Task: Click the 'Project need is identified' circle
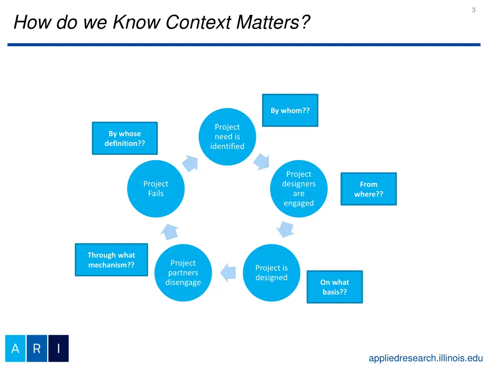227,137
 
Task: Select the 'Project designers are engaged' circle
299,189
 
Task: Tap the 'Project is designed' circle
271,273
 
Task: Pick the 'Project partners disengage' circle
183,273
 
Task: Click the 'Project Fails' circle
156,189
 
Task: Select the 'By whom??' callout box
290,110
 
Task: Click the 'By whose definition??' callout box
124,138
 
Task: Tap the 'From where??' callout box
368,189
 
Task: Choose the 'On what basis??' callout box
335,287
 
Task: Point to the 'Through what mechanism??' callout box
111,260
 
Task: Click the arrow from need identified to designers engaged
261,161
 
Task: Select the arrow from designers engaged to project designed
285,229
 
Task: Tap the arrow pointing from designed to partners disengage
228,272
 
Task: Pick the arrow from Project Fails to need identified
190,163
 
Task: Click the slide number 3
473,10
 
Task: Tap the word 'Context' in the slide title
199,22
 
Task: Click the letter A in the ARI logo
15,348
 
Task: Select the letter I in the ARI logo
58,348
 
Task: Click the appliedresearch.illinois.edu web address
426,358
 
